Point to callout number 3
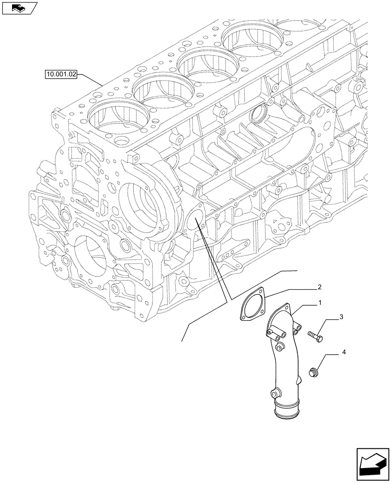point(341,317)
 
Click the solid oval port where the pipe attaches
point(197,224)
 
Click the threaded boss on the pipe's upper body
point(279,347)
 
